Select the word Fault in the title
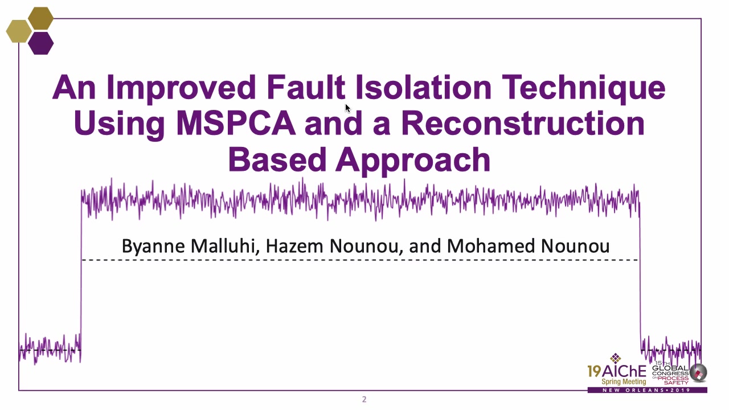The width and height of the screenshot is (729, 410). coord(306,87)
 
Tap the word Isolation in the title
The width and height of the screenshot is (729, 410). coord(423,87)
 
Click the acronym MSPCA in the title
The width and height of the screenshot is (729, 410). coord(236,124)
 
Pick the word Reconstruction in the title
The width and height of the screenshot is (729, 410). coord(523,124)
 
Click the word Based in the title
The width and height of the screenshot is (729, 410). coord(277,159)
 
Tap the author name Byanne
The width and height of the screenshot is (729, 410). coord(153,247)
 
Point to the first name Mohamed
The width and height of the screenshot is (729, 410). coord(491,246)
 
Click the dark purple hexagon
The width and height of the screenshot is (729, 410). coord(40,43)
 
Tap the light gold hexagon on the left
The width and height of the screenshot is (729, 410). coord(19,31)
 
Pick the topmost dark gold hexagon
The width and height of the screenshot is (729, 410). coord(40,19)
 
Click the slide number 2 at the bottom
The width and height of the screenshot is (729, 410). coord(364,399)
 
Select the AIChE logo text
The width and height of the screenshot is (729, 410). coord(617,371)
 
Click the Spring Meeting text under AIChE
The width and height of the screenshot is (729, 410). coord(624,382)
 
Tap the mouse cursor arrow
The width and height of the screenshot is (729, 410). coord(348,108)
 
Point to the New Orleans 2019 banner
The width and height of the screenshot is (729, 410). coord(647,390)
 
